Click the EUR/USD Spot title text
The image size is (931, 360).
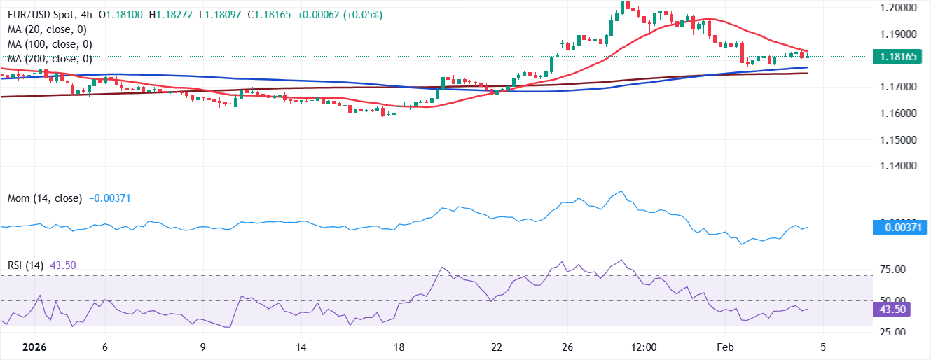pyautogui.click(x=43, y=15)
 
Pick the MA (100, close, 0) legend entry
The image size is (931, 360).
pyautogui.click(x=50, y=44)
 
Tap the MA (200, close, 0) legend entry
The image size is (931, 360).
pyautogui.click(x=50, y=59)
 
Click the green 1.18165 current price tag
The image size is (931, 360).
pyautogui.click(x=900, y=57)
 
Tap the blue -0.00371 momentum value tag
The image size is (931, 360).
pyautogui.click(x=900, y=227)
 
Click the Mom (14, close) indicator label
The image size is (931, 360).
pyautogui.click(x=45, y=199)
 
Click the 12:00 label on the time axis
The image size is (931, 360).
pyautogui.click(x=643, y=347)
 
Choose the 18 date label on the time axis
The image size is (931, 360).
pyautogui.click(x=399, y=347)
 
